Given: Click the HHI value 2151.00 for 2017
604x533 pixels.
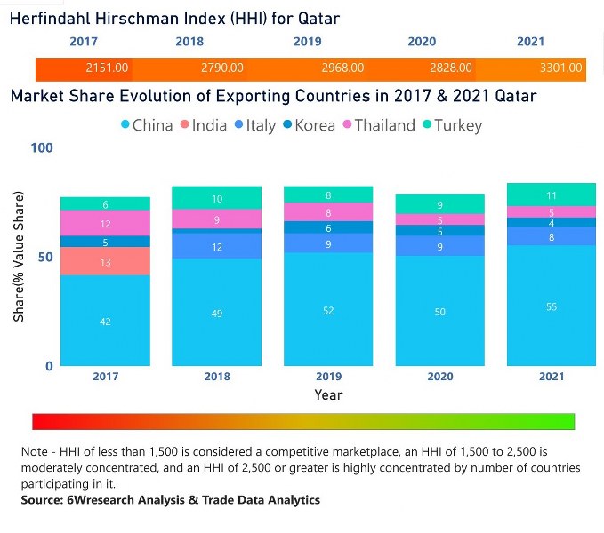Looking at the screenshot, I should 107,68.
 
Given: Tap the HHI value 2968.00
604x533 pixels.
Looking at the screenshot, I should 342,68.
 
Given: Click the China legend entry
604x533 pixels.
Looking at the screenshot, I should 146,125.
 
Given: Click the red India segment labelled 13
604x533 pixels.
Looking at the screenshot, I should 105,261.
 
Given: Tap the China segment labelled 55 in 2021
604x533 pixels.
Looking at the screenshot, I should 551,306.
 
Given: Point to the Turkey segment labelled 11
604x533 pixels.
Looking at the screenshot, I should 551,195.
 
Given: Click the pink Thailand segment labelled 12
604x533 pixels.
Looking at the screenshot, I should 105,224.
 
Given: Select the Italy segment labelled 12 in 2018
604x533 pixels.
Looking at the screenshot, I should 216,246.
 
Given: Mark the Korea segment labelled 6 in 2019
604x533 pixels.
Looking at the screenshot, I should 328,227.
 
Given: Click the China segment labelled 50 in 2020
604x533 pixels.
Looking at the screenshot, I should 439,311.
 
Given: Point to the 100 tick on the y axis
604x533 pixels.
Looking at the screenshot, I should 42,147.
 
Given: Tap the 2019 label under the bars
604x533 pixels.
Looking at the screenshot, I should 328,377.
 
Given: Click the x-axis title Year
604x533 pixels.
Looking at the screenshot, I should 328,394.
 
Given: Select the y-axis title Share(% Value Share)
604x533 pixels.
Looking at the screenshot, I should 19,256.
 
